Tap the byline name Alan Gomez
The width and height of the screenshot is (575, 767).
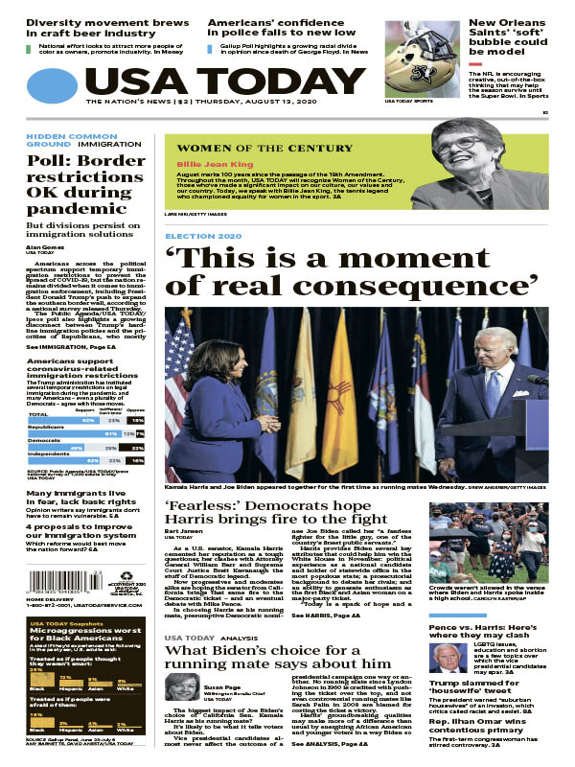tap(45, 246)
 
